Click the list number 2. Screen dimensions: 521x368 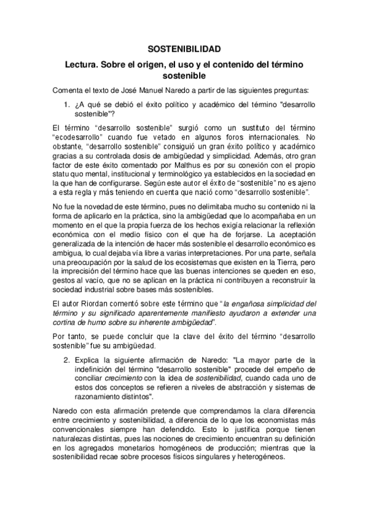click(68, 359)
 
